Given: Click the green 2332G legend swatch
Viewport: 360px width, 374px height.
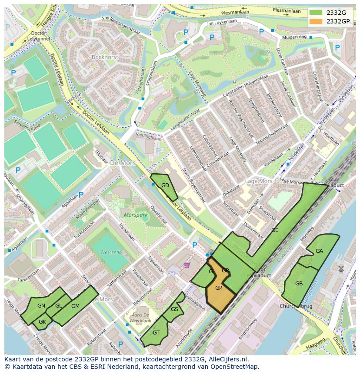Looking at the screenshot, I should [316, 13].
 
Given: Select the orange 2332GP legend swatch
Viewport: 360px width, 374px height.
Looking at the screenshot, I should [316, 21].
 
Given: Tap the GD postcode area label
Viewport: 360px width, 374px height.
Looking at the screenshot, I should [165, 185].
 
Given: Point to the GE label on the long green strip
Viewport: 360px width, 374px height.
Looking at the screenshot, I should [275, 230].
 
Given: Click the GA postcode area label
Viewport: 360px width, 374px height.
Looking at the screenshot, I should [319, 251].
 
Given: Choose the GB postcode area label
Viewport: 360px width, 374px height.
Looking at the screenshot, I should [299, 284].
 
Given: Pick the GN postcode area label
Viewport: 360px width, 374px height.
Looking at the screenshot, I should [41, 306].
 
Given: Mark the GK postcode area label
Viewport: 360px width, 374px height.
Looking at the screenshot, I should [42, 322].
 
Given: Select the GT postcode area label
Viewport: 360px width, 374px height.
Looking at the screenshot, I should [156, 333].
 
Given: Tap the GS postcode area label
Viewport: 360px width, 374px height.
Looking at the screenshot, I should [174, 309].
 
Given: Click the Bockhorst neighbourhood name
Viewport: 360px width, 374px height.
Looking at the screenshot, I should [105, 57].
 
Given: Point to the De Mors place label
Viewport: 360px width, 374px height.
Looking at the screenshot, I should [123, 163].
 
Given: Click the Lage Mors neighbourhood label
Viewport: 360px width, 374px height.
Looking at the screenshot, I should [259, 181].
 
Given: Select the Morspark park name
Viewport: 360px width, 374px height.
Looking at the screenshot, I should [133, 215].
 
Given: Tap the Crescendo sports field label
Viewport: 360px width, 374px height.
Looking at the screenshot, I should [110, 252].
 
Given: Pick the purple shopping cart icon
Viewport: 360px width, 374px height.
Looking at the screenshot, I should [187, 265].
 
